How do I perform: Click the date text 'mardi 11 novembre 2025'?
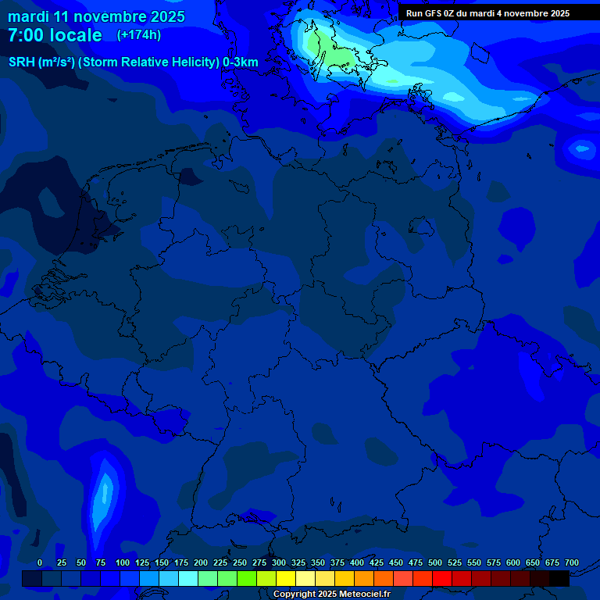96,16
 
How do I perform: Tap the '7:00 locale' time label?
55,35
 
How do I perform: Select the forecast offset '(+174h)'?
140,35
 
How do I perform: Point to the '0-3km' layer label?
241,62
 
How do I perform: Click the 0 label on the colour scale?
40,562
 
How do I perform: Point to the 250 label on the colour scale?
239,562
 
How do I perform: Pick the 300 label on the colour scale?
278,562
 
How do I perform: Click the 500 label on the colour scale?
434,562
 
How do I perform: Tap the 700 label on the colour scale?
571,562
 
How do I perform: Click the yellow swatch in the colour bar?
286,578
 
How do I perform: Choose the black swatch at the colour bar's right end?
559,578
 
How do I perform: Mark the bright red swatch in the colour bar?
442,578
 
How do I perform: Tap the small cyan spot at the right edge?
581,147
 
